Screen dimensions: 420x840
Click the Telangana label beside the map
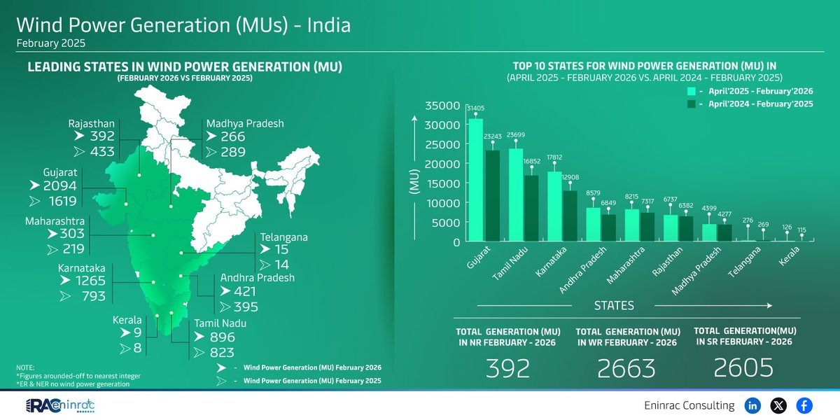click(283, 237)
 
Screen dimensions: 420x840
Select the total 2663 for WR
click(627, 367)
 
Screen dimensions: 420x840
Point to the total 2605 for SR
click(745, 367)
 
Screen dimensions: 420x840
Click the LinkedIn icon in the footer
click(753, 405)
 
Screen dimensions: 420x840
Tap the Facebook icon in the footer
click(804, 405)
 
